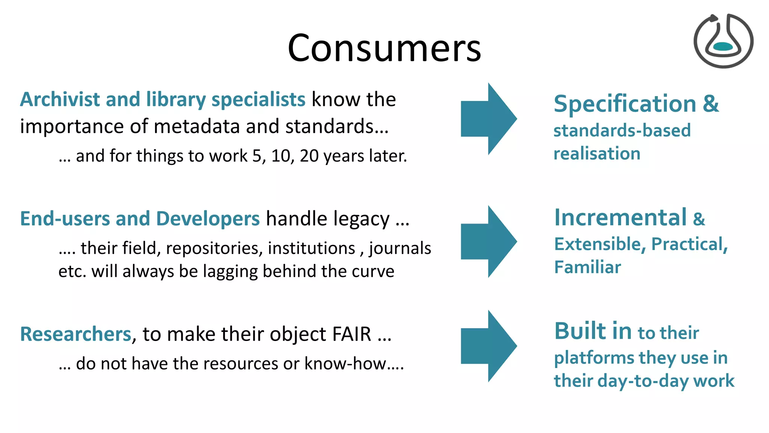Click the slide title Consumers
point(384,48)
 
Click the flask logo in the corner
point(723,41)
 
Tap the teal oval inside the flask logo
point(722,47)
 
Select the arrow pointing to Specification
point(488,119)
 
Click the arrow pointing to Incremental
point(488,241)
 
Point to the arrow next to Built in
point(488,346)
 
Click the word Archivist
point(60,100)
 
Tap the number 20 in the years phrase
point(309,156)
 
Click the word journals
point(400,249)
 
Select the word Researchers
point(75,334)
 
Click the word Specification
point(625,104)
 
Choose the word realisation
point(597,154)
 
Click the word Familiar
point(588,267)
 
